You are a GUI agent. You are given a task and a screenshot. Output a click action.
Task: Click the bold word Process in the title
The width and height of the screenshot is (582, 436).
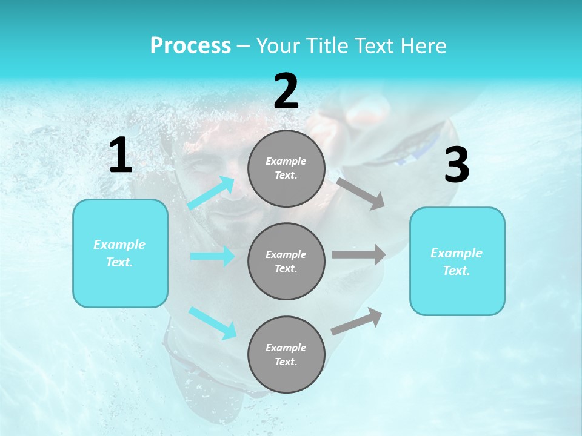tap(190, 46)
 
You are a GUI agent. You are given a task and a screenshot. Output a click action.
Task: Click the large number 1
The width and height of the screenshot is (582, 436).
tap(121, 156)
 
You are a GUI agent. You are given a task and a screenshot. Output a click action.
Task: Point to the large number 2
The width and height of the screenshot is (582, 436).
tap(286, 91)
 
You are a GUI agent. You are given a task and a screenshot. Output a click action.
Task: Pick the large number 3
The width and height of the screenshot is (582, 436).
tap(457, 165)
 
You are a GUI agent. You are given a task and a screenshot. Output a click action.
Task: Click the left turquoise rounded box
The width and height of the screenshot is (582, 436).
tap(120, 253)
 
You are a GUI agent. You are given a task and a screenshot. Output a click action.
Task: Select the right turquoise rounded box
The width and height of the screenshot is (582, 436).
tap(457, 262)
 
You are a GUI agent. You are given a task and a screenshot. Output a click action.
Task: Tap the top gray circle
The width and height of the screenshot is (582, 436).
tap(286, 168)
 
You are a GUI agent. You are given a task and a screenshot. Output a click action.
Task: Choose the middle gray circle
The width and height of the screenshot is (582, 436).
tap(286, 261)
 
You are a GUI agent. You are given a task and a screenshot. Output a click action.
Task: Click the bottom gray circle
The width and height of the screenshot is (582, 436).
tap(286, 354)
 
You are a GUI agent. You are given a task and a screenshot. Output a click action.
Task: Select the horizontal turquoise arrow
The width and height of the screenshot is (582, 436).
tap(212, 256)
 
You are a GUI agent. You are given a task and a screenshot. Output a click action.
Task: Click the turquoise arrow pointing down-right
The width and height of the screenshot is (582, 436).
tap(213, 323)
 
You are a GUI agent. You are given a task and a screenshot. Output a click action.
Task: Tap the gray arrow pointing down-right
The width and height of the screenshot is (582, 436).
tap(361, 193)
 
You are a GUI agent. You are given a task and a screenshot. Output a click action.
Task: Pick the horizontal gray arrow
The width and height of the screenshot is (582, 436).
tap(359, 254)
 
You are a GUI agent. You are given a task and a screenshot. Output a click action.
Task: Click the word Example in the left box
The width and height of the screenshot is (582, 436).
tap(119, 245)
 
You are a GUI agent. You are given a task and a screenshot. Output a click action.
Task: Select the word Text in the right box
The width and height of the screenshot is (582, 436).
tap(456, 271)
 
